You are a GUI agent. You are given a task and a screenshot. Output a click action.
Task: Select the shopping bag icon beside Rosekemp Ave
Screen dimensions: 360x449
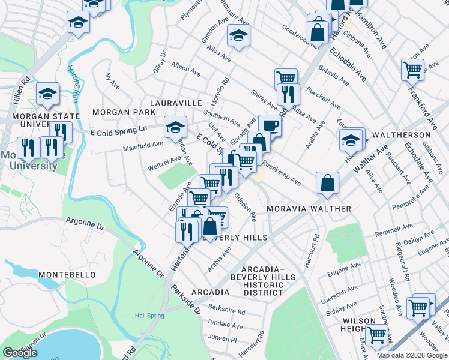click(x=327, y=184)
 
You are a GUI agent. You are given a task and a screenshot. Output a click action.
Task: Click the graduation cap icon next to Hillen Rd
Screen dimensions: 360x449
click(x=48, y=94)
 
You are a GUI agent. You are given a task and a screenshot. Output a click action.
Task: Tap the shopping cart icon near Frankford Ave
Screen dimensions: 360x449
click(x=412, y=70)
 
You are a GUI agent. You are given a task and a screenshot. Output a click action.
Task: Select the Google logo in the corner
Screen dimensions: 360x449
click(x=20, y=353)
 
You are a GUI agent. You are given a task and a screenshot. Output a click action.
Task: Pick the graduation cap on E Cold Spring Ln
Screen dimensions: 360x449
click(x=175, y=127)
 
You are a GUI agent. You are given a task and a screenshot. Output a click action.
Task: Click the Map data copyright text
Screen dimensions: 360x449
click(x=412, y=355)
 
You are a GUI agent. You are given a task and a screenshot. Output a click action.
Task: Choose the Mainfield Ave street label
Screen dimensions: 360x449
click(x=143, y=145)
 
